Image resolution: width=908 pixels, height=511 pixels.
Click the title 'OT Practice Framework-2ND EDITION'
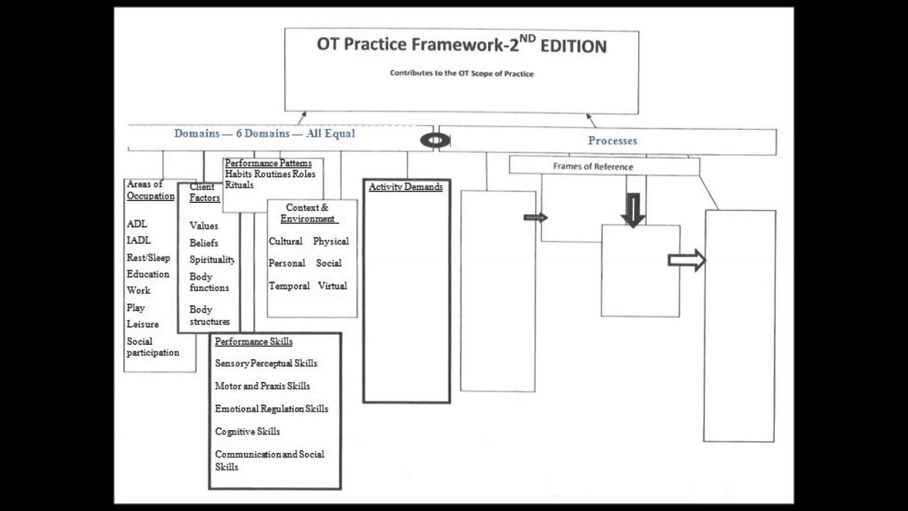pos(461,45)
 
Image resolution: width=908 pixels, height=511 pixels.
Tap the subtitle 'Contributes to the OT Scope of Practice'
pos(461,73)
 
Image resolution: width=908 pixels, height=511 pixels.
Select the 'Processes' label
pos(612,141)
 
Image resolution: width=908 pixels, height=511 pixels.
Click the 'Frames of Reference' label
pos(593,167)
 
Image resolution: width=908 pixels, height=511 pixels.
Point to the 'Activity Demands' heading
pos(406,187)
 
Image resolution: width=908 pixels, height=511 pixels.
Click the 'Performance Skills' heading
pos(253,341)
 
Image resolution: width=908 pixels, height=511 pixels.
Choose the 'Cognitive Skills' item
pos(247,432)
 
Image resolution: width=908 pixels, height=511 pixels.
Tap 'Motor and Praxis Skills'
pos(262,386)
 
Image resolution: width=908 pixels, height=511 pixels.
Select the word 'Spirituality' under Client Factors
pos(211,260)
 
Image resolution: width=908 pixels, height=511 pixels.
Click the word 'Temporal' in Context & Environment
pos(289,286)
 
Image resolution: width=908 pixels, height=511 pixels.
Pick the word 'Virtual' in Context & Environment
pos(332,286)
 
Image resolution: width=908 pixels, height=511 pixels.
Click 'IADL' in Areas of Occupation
pos(138,241)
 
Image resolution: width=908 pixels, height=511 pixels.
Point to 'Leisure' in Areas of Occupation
pos(143,324)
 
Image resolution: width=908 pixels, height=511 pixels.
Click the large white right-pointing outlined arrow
pos(686,260)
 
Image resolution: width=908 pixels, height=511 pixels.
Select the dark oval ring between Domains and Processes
pos(434,141)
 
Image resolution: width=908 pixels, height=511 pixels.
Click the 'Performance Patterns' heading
pos(267,163)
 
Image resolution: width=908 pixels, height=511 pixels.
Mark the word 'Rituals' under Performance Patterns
pos(239,185)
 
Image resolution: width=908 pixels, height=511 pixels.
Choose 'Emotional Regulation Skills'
pos(271,409)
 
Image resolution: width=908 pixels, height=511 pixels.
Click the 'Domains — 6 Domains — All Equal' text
pos(264,133)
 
